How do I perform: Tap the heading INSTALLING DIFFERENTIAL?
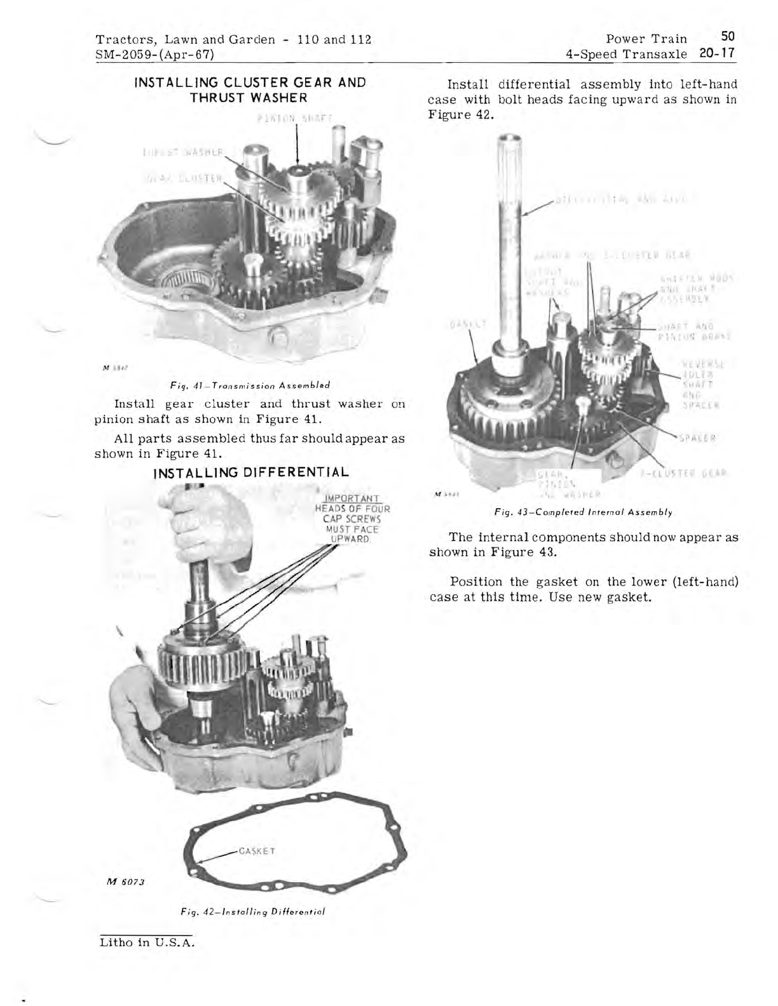click(251, 473)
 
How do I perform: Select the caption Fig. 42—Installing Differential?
click(252, 911)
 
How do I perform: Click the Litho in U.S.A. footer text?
click(146, 942)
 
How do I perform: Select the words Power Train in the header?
click(646, 39)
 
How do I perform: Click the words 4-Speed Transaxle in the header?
click(626, 54)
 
